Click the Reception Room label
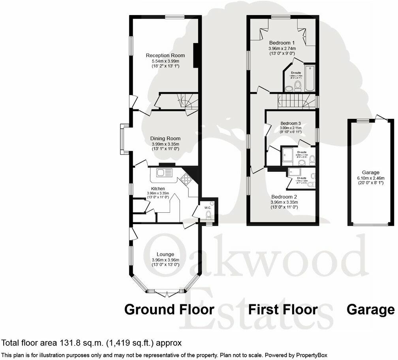163,55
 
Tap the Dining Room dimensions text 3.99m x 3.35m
165,144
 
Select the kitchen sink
164,172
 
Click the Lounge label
165,254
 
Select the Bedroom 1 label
282,43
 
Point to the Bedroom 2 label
283,196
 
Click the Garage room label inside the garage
370,172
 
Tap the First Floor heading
283,309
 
